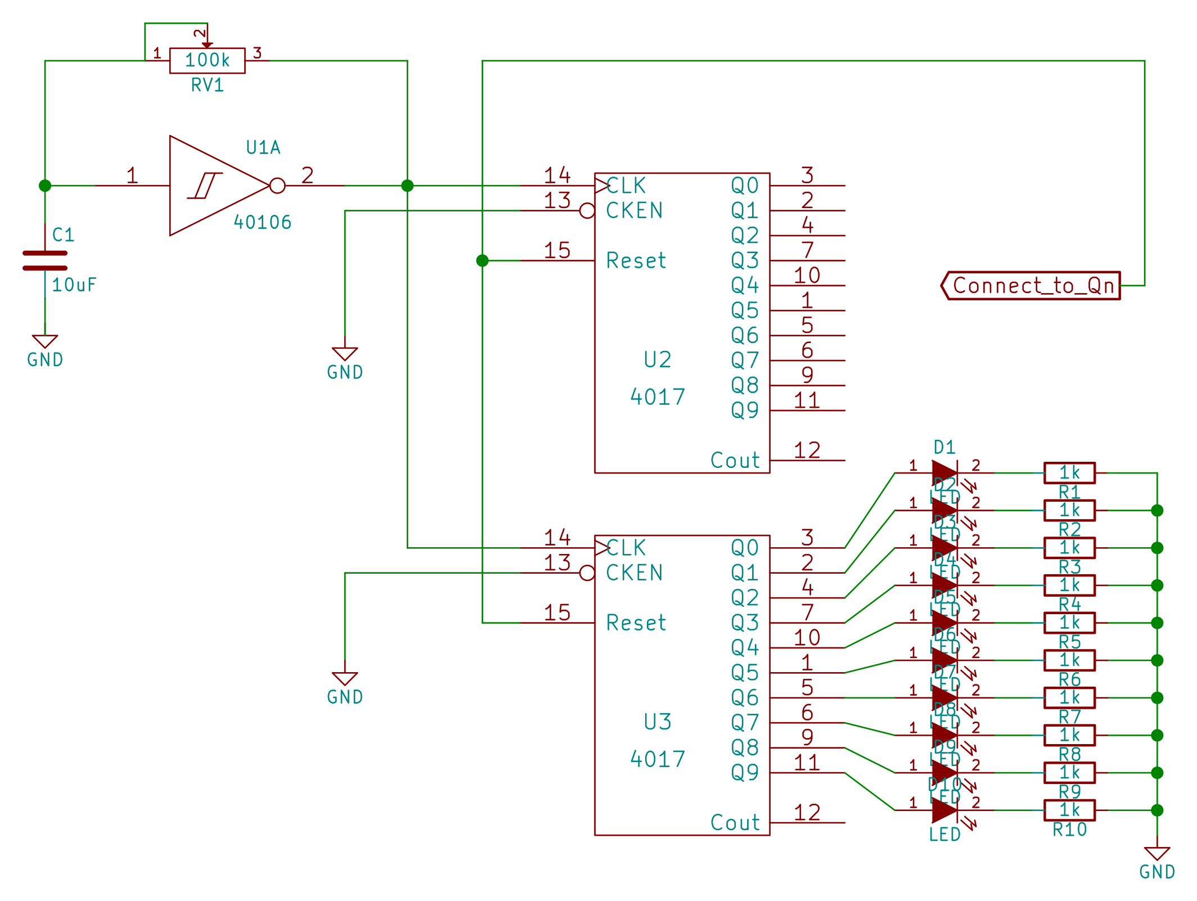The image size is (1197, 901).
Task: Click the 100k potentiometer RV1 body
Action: [x=207, y=60]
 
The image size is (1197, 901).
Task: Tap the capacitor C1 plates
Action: [x=45, y=260]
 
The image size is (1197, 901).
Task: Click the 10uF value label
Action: [x=74, y=285]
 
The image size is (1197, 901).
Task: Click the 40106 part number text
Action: [x=263, y=223]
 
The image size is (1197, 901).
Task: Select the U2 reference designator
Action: [x=657, y=360]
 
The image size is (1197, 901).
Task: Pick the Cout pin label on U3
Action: [x=735, y=823]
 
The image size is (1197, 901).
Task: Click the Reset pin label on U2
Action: [x=636, y=261]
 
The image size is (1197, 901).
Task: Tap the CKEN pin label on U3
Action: [x=634, y=573]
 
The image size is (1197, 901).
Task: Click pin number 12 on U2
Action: [x=807, y=451]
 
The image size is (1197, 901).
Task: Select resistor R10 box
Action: [x=1069, y=810]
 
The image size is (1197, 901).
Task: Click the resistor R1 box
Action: [x=1069, y=473]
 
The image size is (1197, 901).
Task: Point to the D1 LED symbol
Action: [x=944, y=473]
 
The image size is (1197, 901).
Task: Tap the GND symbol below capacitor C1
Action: [x=45, y=342]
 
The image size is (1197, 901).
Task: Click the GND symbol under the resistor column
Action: [x=1157, y=854]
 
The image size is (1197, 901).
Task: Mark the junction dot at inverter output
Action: [x=407, y=186]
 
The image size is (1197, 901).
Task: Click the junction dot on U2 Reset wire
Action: [x=482, y=261]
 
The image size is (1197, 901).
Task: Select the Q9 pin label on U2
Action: [x=744, y=411]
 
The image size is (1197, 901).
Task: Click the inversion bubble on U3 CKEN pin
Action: [x=587, y=573]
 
